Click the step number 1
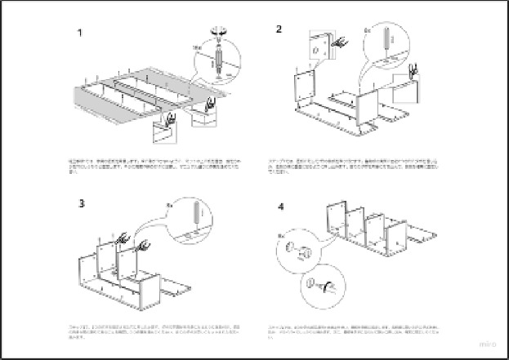[x=79, y=34]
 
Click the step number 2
[x=279, y=30]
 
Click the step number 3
[x=82, y=203]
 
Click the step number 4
[x=281, y=207]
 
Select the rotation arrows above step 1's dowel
[x=219, y=31]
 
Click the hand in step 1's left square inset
[x=169, y=119]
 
